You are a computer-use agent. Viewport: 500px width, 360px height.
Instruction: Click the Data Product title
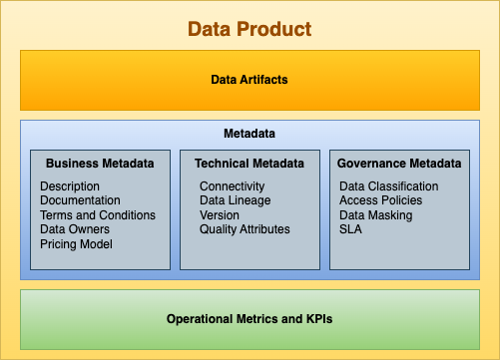tap(250, 30)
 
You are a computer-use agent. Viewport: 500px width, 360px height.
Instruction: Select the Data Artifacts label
tap(250, 79)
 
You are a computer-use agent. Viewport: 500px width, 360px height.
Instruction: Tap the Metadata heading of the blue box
tap(250, 133)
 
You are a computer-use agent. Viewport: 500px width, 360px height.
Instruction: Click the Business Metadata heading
tap(100, 164)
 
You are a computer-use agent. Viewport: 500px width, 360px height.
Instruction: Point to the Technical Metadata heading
tap(249, 164)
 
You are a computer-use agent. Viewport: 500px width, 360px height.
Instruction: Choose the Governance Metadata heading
tap(399, 164)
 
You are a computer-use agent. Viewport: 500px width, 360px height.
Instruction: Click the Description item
tap(70, 186)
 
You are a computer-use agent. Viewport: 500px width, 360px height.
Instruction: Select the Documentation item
tap(81, 200)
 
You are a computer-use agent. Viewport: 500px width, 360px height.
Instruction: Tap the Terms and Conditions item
tap(98, 215)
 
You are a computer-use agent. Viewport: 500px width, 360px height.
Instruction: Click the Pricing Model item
tap(77, 244)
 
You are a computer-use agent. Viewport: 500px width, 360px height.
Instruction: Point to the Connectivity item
tap(232, 186)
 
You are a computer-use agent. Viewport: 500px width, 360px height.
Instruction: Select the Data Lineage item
tap(235, 200)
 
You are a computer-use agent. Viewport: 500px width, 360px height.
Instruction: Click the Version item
tap(220, 215)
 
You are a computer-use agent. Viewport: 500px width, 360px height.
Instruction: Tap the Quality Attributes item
tap(245, 229)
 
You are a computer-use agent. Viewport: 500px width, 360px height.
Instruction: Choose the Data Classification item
tap(389, 186)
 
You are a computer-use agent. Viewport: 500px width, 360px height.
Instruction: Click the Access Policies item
tap(380, 200)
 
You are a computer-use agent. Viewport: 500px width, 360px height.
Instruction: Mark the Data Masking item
tap(375, 215)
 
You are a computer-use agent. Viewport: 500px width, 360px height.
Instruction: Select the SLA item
tap(351, 229)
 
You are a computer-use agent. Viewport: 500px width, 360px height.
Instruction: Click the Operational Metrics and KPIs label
tap(250, 319)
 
